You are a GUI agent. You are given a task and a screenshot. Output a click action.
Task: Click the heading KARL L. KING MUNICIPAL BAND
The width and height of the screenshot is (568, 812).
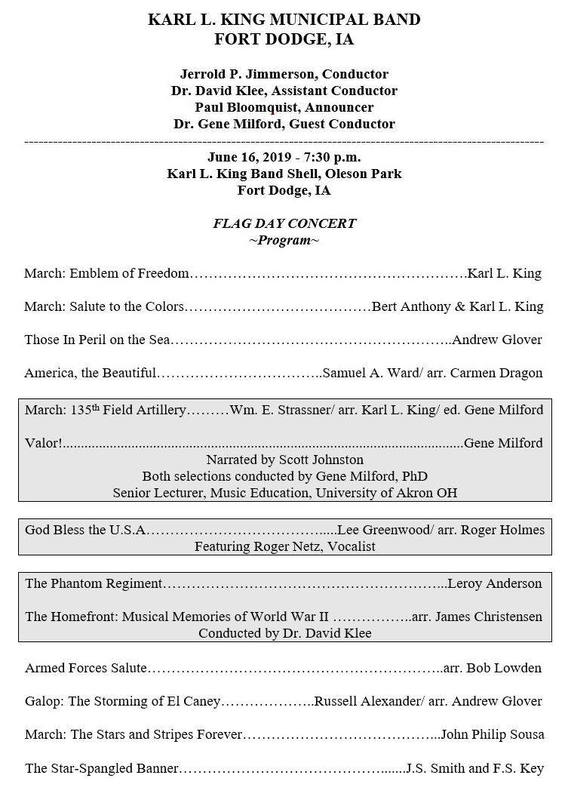[284, 20]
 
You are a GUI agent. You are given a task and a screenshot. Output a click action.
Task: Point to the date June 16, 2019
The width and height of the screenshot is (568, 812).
[248, 157]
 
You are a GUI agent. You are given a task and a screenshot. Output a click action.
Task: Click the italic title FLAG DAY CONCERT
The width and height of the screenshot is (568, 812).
[284, 223]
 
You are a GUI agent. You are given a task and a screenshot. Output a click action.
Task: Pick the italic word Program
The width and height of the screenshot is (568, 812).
[284, 240]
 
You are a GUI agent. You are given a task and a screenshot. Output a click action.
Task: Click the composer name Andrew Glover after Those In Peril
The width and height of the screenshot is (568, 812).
[496, 340]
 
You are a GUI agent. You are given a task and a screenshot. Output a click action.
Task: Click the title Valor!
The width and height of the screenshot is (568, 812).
[44, 443]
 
